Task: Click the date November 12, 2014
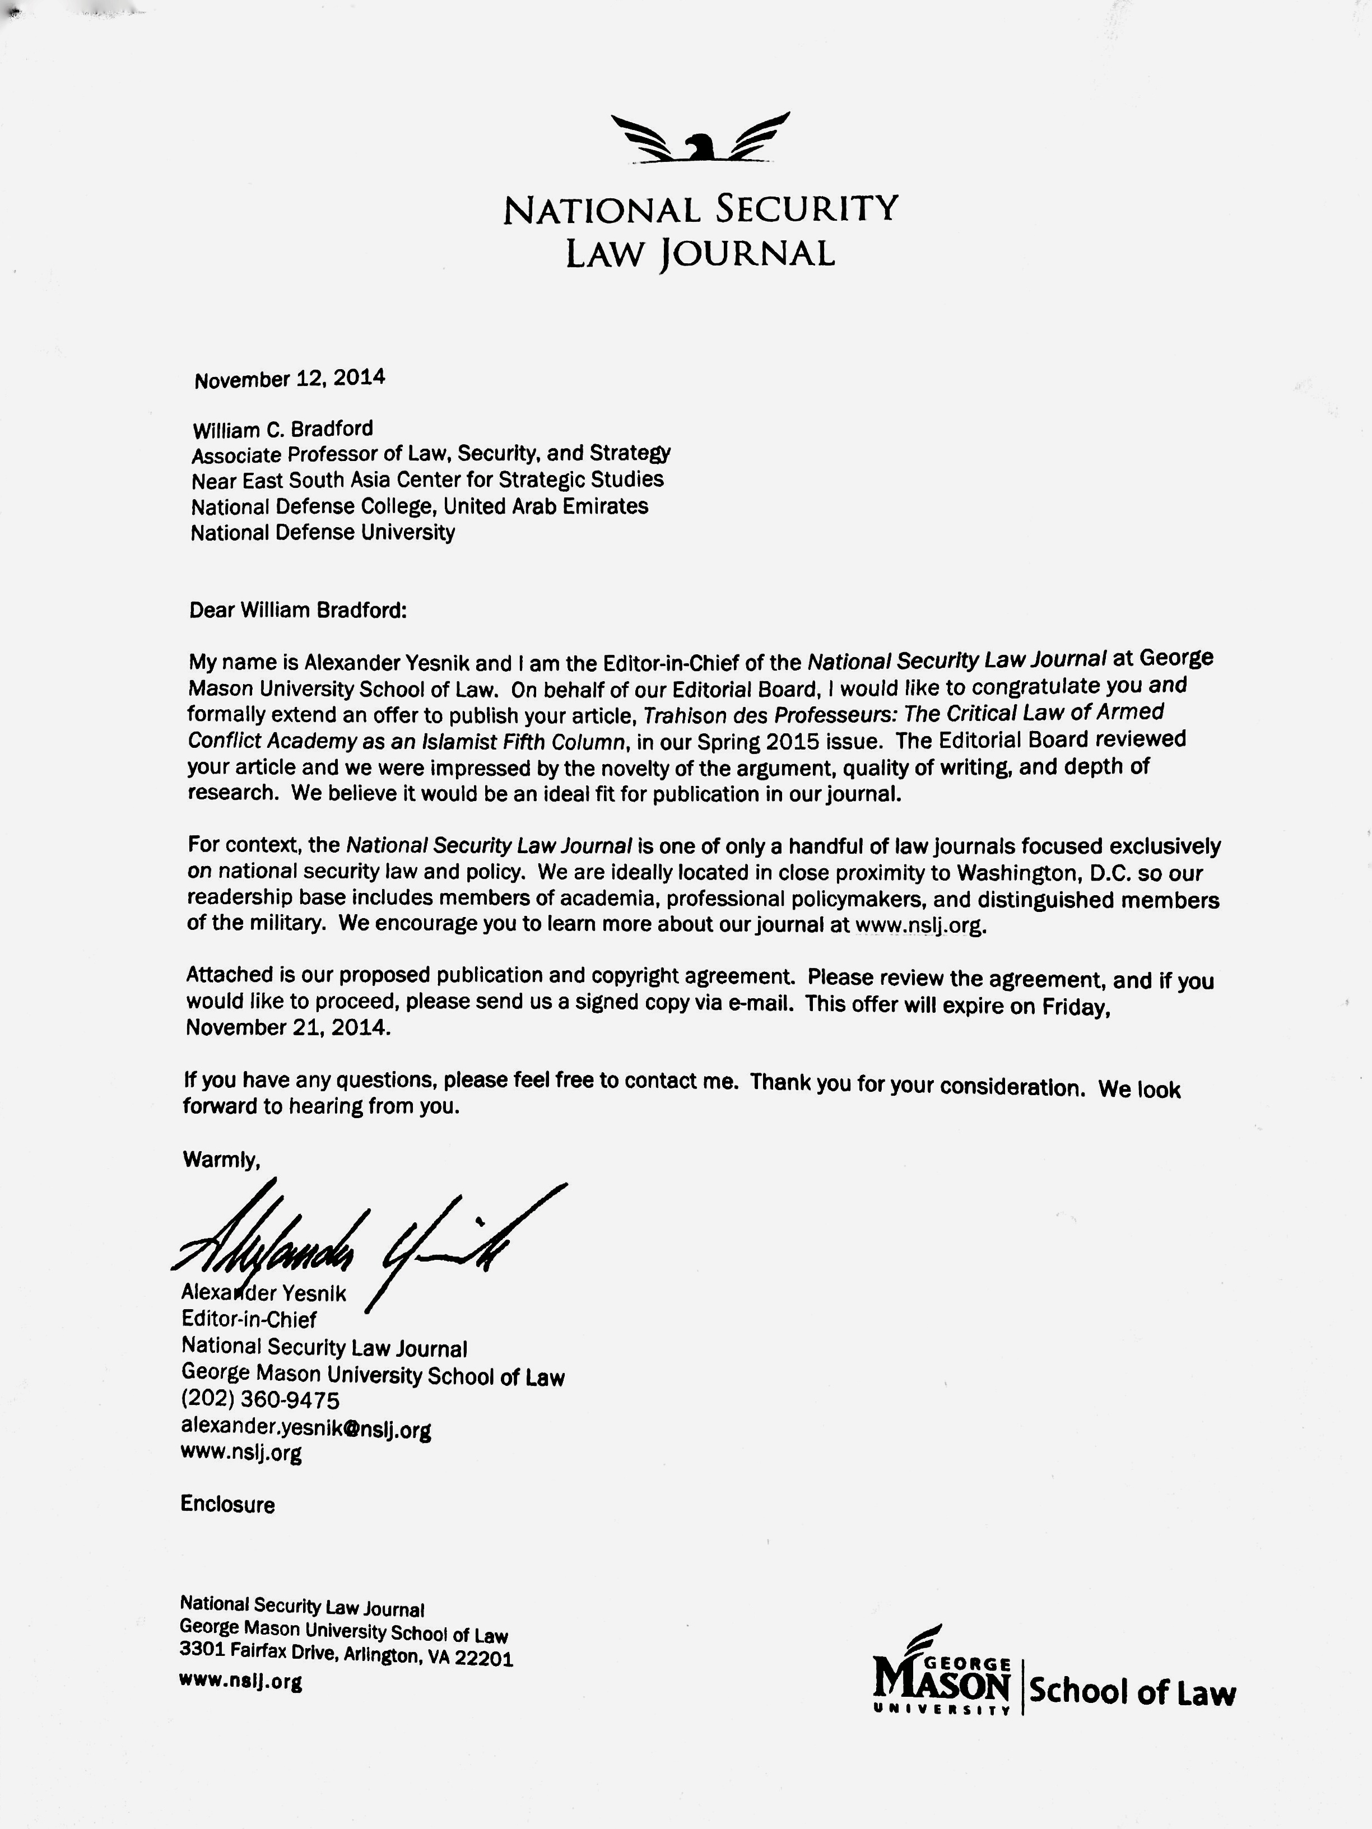(x=290, y=379)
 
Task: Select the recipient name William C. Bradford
(x=283, y=429)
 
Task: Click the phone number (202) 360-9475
(x=260, y=1400)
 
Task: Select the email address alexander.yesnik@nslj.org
(x=306, y=1427)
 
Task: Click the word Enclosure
(x=227, y=1504)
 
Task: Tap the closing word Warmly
(x=221, y=1159)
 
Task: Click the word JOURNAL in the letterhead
(x=746, y=253)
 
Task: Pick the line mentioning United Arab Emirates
(x=419, y=506)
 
